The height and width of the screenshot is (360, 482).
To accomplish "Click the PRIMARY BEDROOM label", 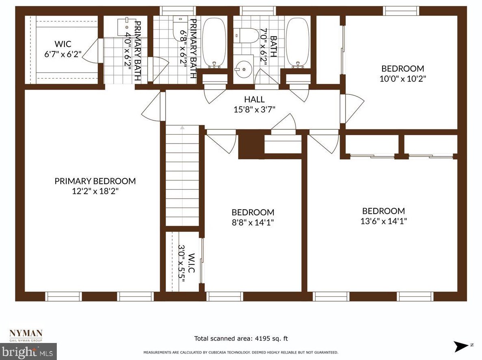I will click(x=95, y=181).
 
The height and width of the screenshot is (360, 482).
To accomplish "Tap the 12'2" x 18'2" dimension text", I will click(x=95, y=191).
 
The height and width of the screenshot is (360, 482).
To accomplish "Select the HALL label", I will click(x=254, y=99).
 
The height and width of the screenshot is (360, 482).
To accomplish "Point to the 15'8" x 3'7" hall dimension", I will click(x=254, y=109).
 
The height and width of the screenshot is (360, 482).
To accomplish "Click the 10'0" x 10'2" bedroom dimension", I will click(x=402, y=79).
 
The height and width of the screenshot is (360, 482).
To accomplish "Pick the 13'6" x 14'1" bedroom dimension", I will click(x=383, y=221).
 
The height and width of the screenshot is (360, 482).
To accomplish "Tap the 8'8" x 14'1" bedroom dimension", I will click(x=253, y=222).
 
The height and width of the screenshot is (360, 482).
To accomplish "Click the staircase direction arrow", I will click(x=183, y=128).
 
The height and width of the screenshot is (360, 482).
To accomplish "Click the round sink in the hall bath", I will click(x=244, y=69).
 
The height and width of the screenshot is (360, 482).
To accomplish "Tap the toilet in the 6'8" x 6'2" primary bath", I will click(x=179, y=28).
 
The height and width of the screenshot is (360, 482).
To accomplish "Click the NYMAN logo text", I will click(x=26, y=333).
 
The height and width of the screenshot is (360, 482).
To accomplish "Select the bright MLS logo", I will click(x=28, y=351).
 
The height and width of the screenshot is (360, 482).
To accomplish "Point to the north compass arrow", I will click(x=462, y=346).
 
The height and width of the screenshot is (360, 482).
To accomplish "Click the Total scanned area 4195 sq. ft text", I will click(x=241, y=339).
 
